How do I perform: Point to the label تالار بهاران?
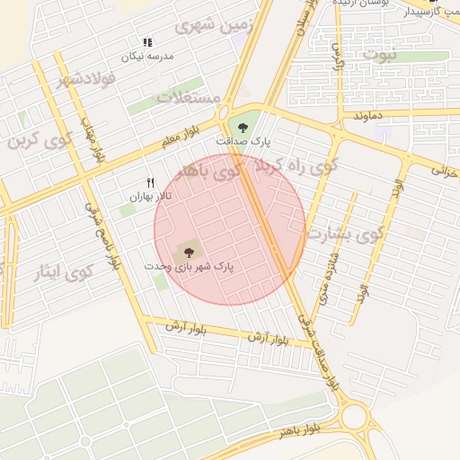tap(150, 197)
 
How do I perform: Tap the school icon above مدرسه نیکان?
tap(148, 42)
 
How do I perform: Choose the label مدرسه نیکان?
tap(148, 57)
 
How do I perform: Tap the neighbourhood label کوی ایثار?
tap(68, 270)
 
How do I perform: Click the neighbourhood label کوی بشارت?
tap(346, 233)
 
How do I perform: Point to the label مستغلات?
tap(189, 97)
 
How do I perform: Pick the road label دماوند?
tap(368, 116)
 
